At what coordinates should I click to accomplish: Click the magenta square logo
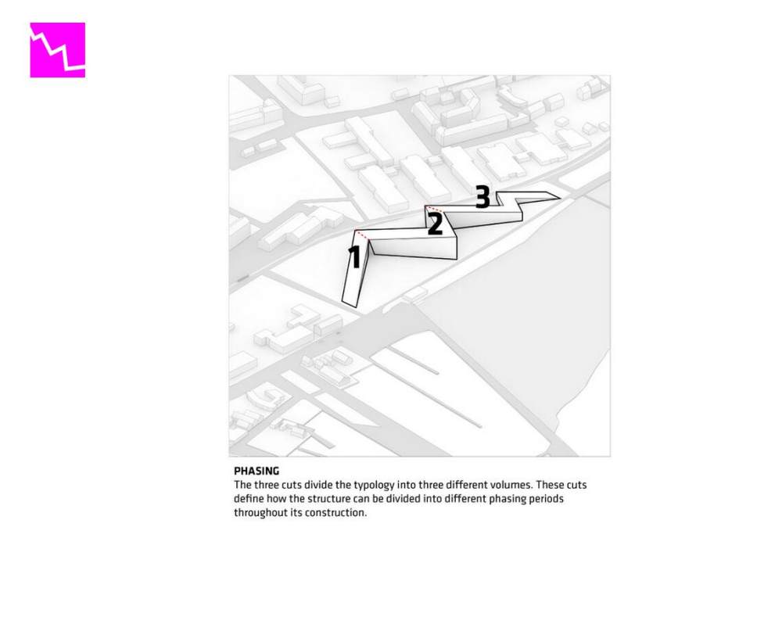pyautogui.click(x=57, y=50)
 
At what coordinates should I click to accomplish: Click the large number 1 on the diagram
pyautogui.click(x=354, y=256)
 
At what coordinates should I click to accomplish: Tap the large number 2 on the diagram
pyautogui.click(x=435, y=224)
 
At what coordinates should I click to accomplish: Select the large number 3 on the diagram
pyautogui.click(x=482, y=196)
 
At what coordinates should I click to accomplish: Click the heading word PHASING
pyautogui.click(x=256, y=471)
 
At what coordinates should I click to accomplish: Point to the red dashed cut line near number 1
pyautogui.click(x=362, y=235)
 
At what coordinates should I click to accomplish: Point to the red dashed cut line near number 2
pyautogui.click(x=434, y=209)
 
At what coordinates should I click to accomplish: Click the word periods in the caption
pyautogui.click(x=546, y=499)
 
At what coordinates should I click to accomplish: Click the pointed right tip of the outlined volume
pyautogui.click(x=560, y=198)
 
